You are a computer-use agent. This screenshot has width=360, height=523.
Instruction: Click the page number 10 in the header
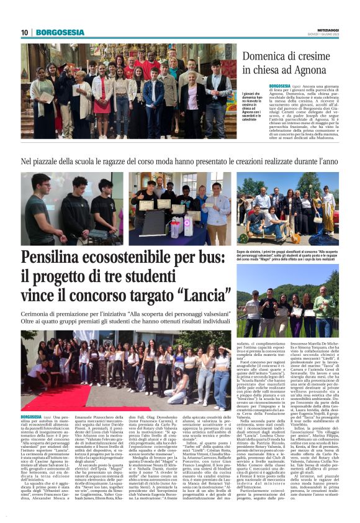pyautogui.click(x=25, y=32)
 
